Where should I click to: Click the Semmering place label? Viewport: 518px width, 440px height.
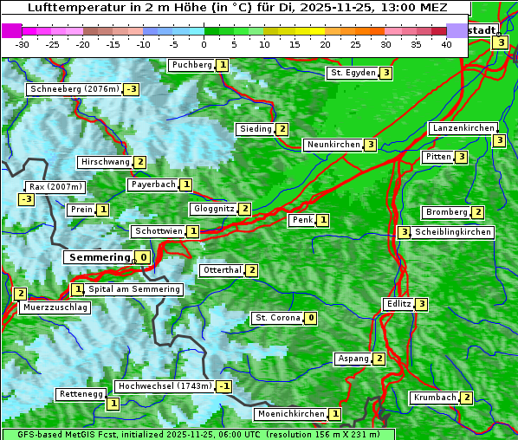[98, 257]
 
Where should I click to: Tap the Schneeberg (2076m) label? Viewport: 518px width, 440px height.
[74, 89]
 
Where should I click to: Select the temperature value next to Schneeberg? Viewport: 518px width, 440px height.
[131, 89]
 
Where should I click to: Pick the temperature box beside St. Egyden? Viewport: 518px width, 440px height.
[385, 73]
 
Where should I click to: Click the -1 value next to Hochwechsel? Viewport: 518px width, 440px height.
[224, 386]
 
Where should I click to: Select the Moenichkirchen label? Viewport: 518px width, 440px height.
[291, 415]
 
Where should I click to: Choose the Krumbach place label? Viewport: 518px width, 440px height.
[434, 398]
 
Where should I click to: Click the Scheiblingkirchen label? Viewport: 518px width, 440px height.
[453, 232]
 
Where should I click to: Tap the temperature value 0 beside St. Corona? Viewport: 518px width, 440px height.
[311, 318]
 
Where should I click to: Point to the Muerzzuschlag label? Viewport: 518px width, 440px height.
[55, 307]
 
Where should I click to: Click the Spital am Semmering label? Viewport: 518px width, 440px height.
[134, 289]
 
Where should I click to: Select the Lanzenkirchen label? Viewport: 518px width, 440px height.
[463, 128]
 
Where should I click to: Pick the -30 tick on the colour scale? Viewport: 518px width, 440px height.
[23, 44]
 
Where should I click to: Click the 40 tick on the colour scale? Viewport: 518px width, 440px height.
[446, 44]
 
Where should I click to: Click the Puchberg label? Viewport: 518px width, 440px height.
[191, 65]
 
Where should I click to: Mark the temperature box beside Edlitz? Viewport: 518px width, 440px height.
[421, 304]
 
